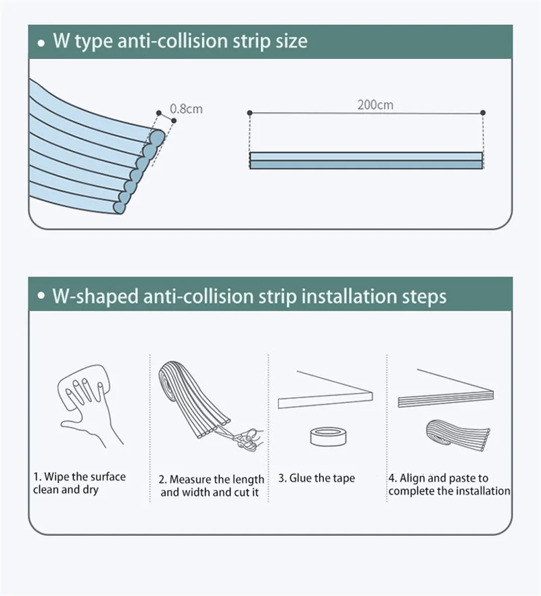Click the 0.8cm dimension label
point(186,109)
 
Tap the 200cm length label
point(375,105)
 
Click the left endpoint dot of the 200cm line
point(250,113)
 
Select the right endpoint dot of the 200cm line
point(483,113)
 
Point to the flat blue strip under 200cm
point(367,160)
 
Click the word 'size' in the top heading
point(291,41)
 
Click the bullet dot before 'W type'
point(41,43)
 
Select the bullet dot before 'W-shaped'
point(41,296)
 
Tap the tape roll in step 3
point(328,436)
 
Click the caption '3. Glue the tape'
point(316,478)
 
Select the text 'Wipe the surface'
point(85,477)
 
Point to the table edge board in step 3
point(325,400)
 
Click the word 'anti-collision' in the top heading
point(173,41)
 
